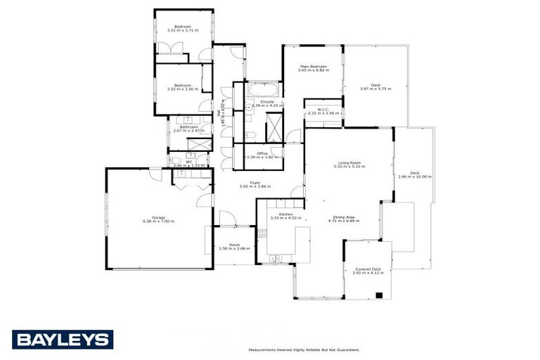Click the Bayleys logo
[63, 339]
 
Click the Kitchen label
[285, 214]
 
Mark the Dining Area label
[344, 219]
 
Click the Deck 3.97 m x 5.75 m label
[375, 86]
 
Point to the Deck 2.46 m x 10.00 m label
[414, 174]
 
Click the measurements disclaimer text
[304, 349]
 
